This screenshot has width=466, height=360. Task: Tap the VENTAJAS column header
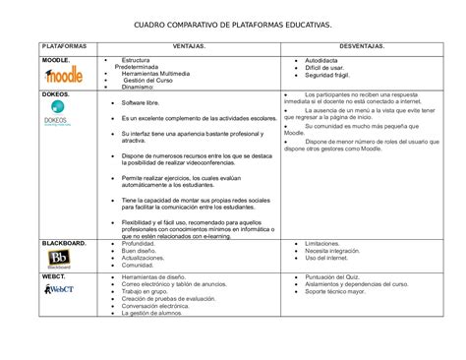188,47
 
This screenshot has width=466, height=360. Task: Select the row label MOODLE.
54,60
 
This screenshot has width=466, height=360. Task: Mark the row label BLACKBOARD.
63,242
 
